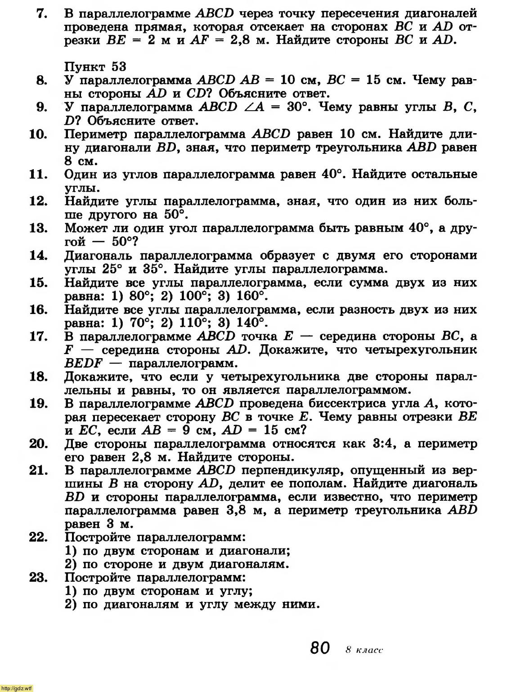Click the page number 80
pyautogui.click(x=320, y=648)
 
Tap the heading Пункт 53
pyautogui.click(x=95, y=67)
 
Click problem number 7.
pyautogui.click(x=42, y=13)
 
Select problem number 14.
pyautogui.click(x=38, y=256)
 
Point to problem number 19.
pyautogui.click(x=38, y=403)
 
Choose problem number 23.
pyautogui.click(x=38, y=577)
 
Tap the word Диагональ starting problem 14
pyautogui.click(x=99, y=256)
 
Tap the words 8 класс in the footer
pyautogui.click(x=364, y=650)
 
